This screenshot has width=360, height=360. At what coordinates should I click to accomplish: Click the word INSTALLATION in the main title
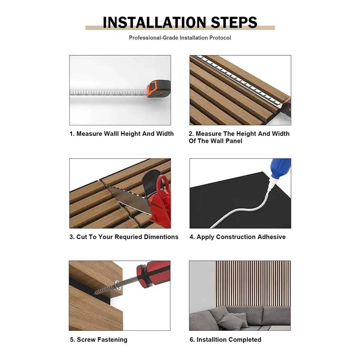[155, 22]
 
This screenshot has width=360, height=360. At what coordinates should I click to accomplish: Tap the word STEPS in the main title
[234, 22]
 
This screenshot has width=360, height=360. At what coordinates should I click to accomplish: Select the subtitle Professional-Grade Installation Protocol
[180, 38]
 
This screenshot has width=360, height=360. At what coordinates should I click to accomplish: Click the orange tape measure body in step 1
[159, 89]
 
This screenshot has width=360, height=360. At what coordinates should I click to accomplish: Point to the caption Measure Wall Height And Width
[125, 133]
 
